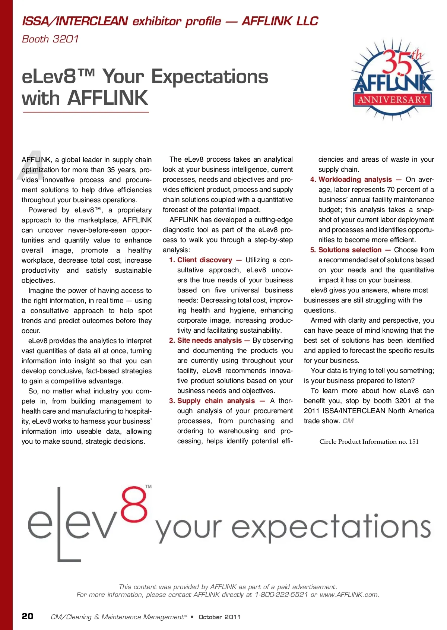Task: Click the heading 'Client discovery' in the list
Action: click(205, 260)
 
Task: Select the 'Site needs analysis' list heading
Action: click(209, 341)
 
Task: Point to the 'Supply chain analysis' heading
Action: click(216, 401)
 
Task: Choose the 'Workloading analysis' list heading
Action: click(355, 180)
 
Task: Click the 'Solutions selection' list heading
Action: click(350, 250)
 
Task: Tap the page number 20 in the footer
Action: click(28, 616)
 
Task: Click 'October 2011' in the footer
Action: click(220, 617)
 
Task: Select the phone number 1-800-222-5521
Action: click(281, 595)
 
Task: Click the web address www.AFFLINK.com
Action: click(349, 595)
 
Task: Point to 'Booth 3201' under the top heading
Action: click(50, 39)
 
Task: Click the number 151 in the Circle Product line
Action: click(413, 442)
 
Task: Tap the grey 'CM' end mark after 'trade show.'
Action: click(348, 421)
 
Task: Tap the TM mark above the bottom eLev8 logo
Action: click(148, 487)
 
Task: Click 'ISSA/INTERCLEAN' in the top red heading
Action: click(75, 21)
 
